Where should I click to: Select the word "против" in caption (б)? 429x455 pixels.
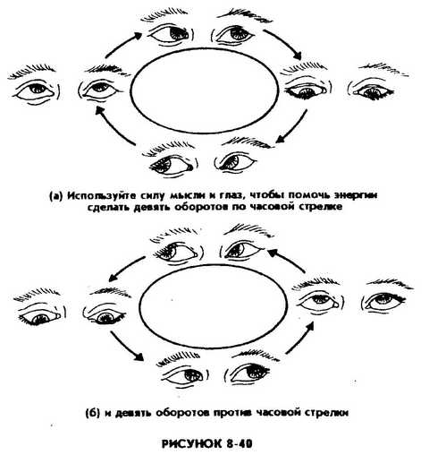233,413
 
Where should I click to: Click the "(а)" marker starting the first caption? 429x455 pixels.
56,196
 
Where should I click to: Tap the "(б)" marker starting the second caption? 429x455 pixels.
94,413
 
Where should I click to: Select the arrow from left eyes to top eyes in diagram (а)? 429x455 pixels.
123,45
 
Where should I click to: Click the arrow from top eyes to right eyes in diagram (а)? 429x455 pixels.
286,44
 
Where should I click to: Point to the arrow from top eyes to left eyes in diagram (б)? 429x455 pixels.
127,269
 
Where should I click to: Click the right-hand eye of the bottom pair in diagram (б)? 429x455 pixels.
250,372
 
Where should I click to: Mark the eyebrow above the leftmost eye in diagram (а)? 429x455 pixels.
31,71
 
